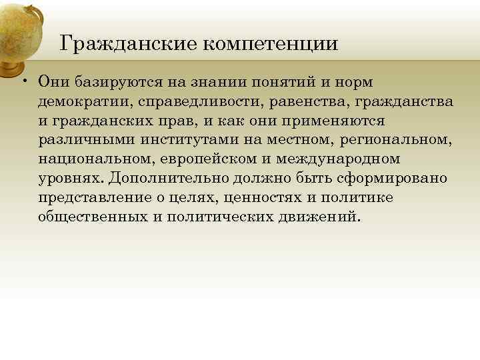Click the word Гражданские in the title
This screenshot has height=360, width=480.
pos(127,45)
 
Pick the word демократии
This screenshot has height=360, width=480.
pos(78,101)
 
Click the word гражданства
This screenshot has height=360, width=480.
pos(405,101)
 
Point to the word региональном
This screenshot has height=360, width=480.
pos(396,140)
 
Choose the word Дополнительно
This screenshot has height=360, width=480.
pos(160,179)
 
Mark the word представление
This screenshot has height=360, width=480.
pos(97,198)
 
